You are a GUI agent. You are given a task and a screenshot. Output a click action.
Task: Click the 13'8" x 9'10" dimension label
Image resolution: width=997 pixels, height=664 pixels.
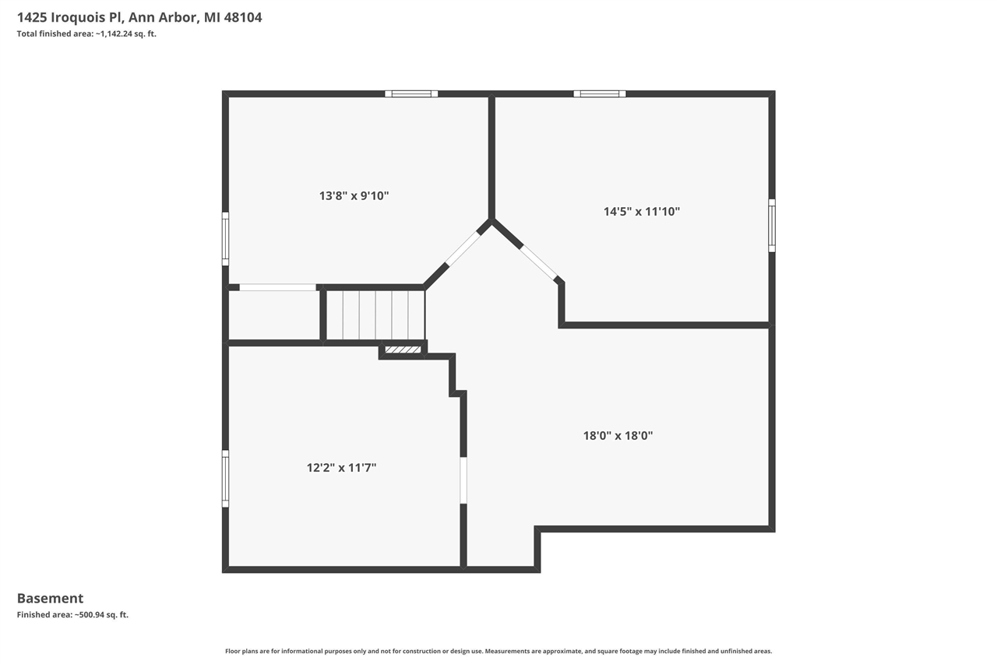[x=354, y=196]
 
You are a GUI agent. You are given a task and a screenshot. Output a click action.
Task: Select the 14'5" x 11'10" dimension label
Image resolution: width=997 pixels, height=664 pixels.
[x=642, y=211]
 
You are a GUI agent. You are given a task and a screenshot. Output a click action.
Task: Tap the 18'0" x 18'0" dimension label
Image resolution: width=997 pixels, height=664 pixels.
[x=618, y=436]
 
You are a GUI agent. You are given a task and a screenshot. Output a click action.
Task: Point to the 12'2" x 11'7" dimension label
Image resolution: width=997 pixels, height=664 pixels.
[x=341, y=468]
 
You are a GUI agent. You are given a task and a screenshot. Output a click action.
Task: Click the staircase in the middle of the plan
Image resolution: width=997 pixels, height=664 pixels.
[x=375, y=314]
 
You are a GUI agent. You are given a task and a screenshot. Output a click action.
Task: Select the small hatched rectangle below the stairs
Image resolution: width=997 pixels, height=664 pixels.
[x=403, y=350]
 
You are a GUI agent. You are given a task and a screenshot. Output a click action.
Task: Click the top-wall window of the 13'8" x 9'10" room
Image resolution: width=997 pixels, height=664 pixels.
[x=411, y=94]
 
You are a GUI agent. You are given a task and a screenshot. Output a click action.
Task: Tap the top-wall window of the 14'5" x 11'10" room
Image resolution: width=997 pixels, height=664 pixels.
[x=600, y=94]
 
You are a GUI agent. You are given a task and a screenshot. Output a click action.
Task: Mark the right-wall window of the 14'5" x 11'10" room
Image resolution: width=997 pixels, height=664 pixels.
[x=772, y=226]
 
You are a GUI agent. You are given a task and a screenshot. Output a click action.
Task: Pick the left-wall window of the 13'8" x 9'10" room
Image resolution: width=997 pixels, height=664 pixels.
[x=225, y=239]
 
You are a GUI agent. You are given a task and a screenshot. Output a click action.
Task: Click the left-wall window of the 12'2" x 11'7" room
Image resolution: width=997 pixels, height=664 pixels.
[x=225, y=479]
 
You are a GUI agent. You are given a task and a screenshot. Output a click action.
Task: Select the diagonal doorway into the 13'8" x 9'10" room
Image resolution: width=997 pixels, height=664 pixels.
[x=463, y=249]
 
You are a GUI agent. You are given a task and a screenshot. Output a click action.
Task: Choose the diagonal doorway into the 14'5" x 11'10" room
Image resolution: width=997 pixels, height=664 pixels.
[x=539, y=262]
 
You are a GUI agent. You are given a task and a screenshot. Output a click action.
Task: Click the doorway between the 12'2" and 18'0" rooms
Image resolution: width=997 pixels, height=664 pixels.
[x=463, y=480]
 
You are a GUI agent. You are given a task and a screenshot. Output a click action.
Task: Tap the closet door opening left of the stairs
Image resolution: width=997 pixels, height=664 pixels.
[x=277, y=287]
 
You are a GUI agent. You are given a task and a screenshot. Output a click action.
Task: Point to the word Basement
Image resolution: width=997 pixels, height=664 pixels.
[x=50, y=599]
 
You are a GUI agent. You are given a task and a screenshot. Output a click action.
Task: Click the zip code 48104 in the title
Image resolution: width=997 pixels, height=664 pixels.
[x=243, y=17]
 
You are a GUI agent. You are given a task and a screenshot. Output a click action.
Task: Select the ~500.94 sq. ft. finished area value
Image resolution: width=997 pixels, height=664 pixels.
[x=101, y=615]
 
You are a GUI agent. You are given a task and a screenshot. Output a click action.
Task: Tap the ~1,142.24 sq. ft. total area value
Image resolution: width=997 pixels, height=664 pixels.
[x=125, y=33]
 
